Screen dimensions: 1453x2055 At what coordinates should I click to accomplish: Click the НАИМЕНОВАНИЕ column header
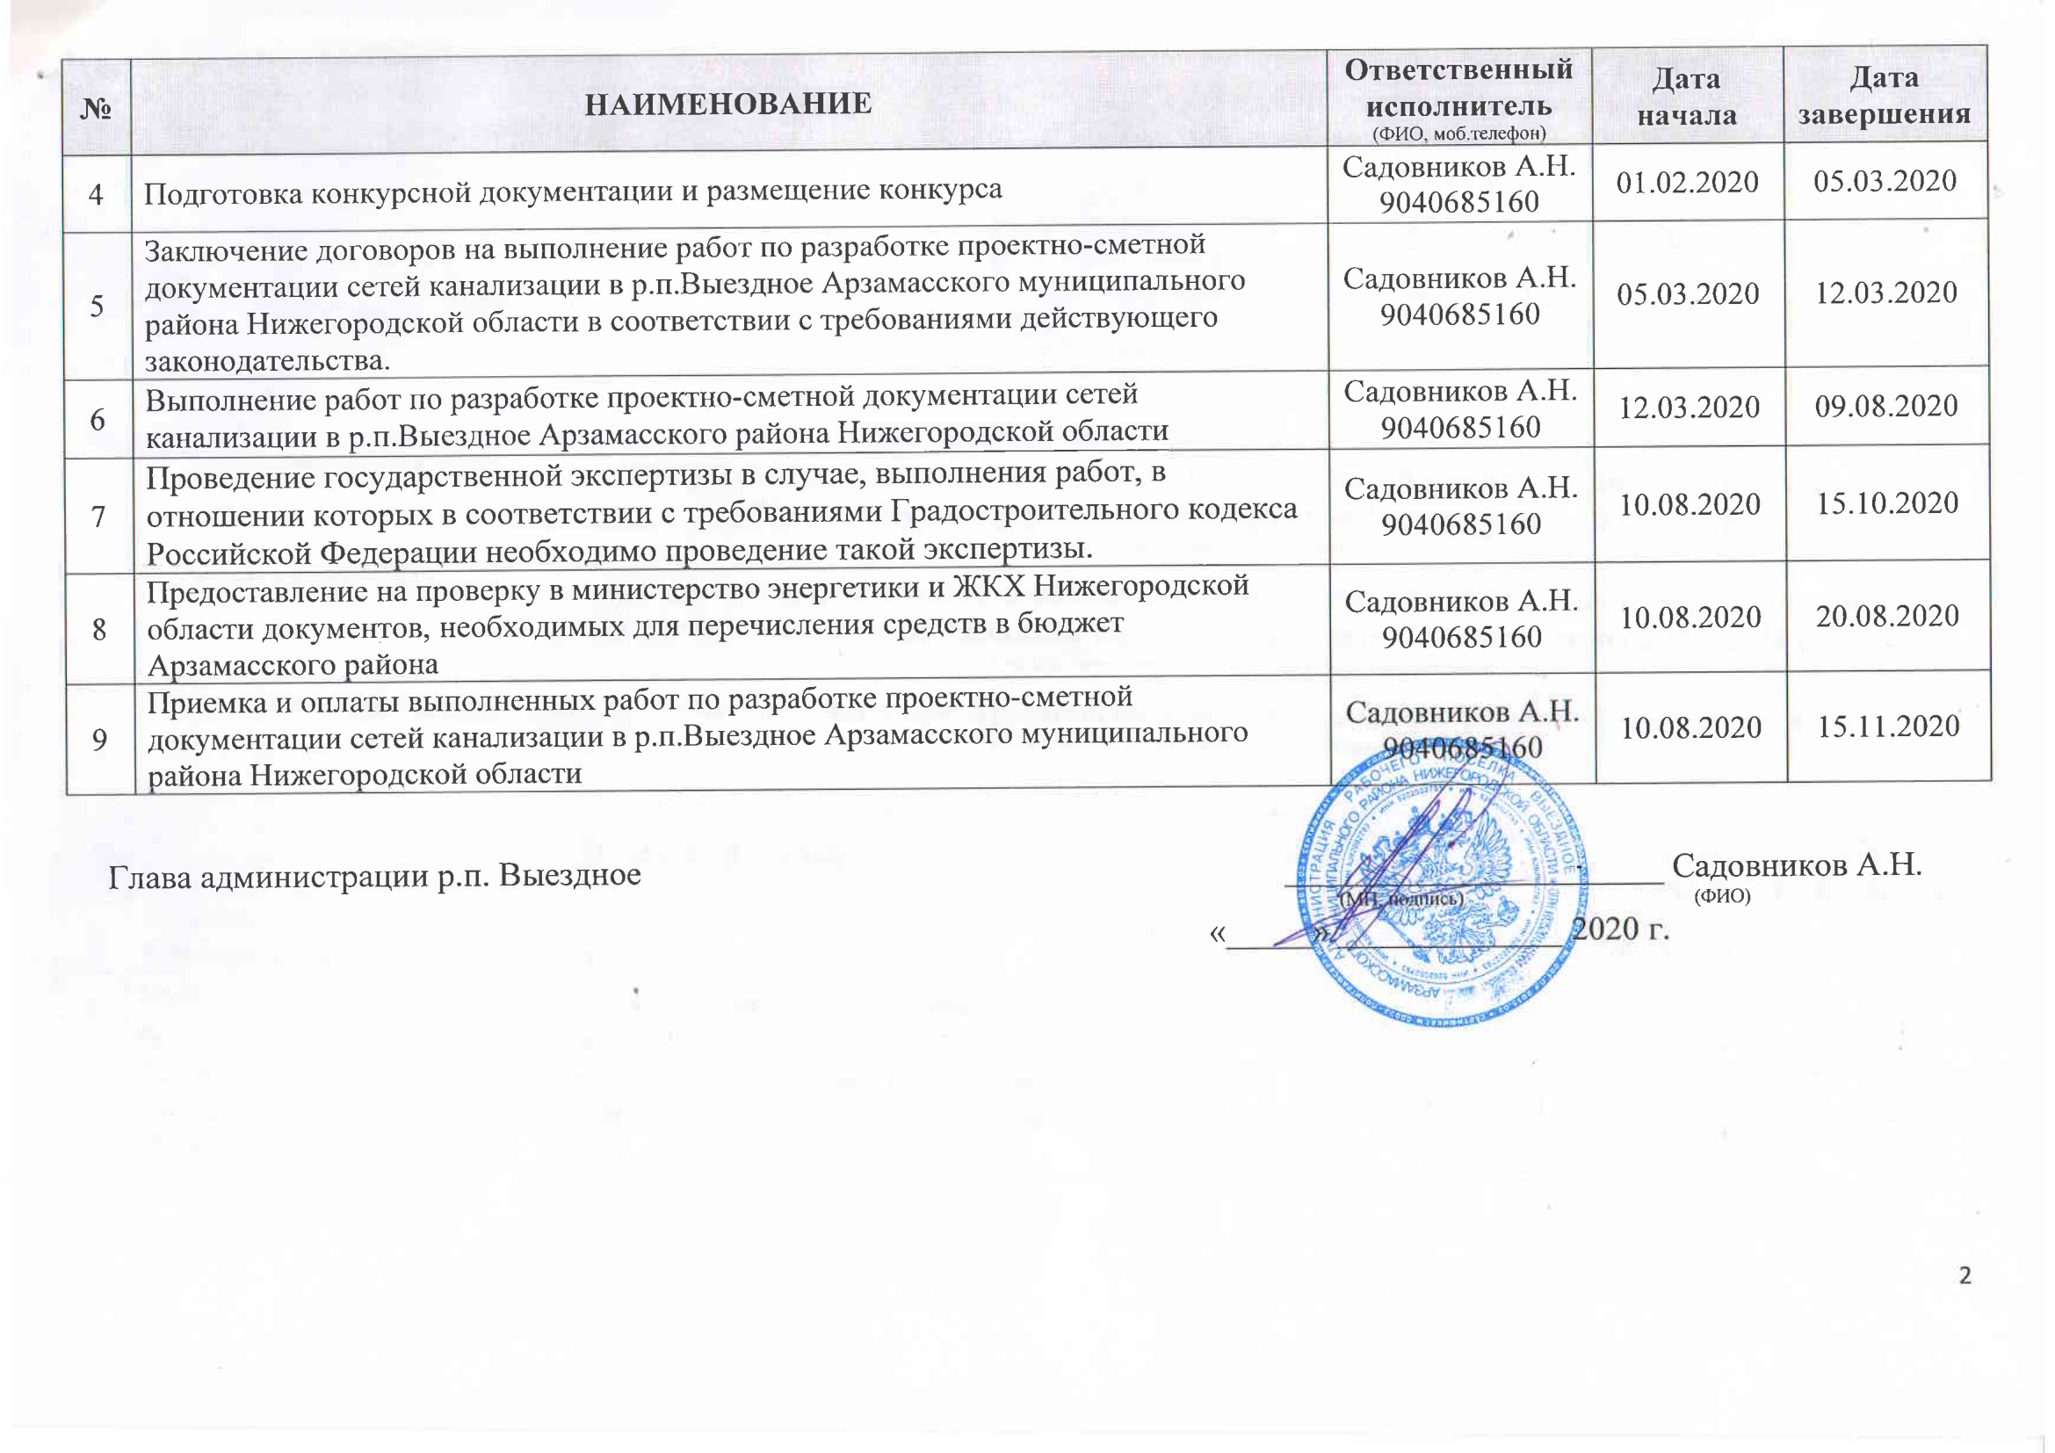[727, 104]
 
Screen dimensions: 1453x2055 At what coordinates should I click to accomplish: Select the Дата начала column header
[1686, 97]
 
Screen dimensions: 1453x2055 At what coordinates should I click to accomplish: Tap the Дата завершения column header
[1884, 96]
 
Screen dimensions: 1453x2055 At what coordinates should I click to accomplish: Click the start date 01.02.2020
[1687, 183]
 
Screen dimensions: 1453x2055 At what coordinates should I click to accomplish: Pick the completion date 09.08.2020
[1885, 406]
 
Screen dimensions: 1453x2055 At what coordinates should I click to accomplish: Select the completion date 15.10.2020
[1886, 503]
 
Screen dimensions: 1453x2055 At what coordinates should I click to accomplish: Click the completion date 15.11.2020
[1887, 726]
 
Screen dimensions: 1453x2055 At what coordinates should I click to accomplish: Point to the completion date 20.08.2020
[1886, 617]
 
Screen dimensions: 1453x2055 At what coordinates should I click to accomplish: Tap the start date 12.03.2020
[1689, 408]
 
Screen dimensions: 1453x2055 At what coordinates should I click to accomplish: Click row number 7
[98, 517]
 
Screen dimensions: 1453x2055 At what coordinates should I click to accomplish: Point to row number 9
[99, 740]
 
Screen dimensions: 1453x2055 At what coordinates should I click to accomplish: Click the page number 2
[1965, 1276]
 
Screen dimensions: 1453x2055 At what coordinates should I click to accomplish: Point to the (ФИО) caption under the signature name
[1723, 895]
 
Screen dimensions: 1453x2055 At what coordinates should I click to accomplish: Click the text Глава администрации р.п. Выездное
[374, 876]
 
